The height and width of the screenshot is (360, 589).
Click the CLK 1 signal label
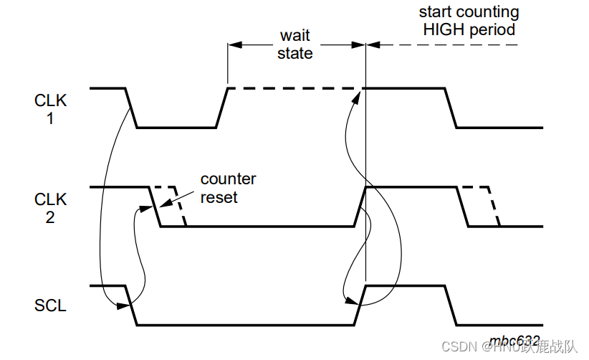(50, 109)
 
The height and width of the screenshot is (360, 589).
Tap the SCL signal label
(50, 305)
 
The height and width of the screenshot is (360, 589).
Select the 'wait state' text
(295, 44)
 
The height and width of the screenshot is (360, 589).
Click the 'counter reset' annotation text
(228, 188)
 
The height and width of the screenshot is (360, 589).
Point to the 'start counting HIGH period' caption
(469, 22)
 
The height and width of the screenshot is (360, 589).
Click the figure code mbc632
(514, 340)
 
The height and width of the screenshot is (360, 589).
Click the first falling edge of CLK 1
(131, 108)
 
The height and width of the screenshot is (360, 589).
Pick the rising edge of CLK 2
(360, 207)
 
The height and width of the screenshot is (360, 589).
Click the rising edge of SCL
(360, 305)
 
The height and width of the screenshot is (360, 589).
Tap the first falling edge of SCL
(131, 305)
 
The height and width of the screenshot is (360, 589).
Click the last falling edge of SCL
(451, 305)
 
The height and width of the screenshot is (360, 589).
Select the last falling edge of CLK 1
(451, 108)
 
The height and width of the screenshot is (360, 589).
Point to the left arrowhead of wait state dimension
(233, 44)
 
